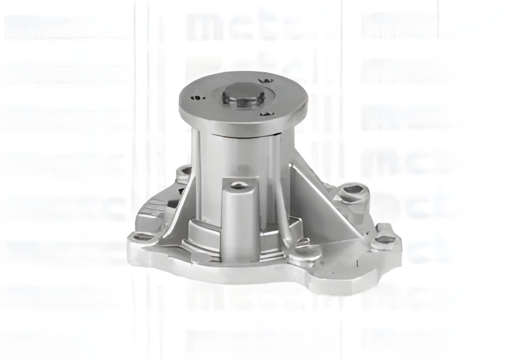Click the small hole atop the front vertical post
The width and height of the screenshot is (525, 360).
click(238, 186)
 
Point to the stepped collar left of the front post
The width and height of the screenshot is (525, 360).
click(204, 232)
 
